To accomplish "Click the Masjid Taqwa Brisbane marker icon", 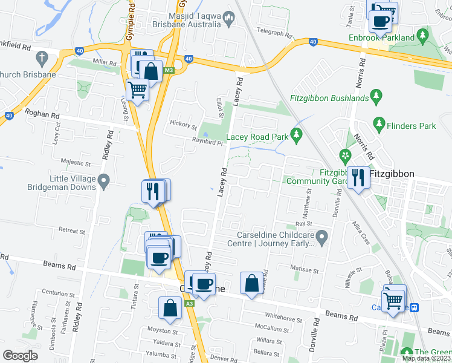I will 228,19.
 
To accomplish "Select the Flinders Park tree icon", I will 379,124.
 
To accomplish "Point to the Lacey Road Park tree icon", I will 295,134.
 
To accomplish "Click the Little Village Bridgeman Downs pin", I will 103,180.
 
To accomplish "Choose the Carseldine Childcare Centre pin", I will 322,236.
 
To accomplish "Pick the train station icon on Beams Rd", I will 414,307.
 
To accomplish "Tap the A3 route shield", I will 189,303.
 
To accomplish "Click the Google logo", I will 21,355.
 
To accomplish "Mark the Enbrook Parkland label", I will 382,38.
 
